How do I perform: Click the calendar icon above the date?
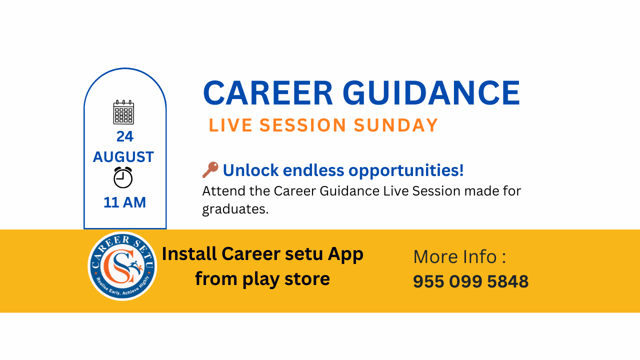[x=123, y=112]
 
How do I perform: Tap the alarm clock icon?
[x=123, y=177]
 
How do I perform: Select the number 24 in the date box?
[x=125, y=136]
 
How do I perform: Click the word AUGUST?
[x=123, y=157]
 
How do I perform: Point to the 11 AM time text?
[x=124, y=202]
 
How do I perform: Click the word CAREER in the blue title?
[x=268, y=93]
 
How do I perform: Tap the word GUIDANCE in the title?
[x=431, y=93]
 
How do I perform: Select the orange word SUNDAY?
[x=395, y=125]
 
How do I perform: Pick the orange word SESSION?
[x=303, y=125]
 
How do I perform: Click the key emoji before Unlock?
[x=210, y=169]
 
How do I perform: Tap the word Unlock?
[x=250, y=170]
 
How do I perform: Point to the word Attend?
[x=223, y=191]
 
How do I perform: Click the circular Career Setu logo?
[x=122, y=266]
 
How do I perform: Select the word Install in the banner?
[x=189, y=253]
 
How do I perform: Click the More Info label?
[x=459, y=256]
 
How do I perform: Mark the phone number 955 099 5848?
[x=471, y=281]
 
